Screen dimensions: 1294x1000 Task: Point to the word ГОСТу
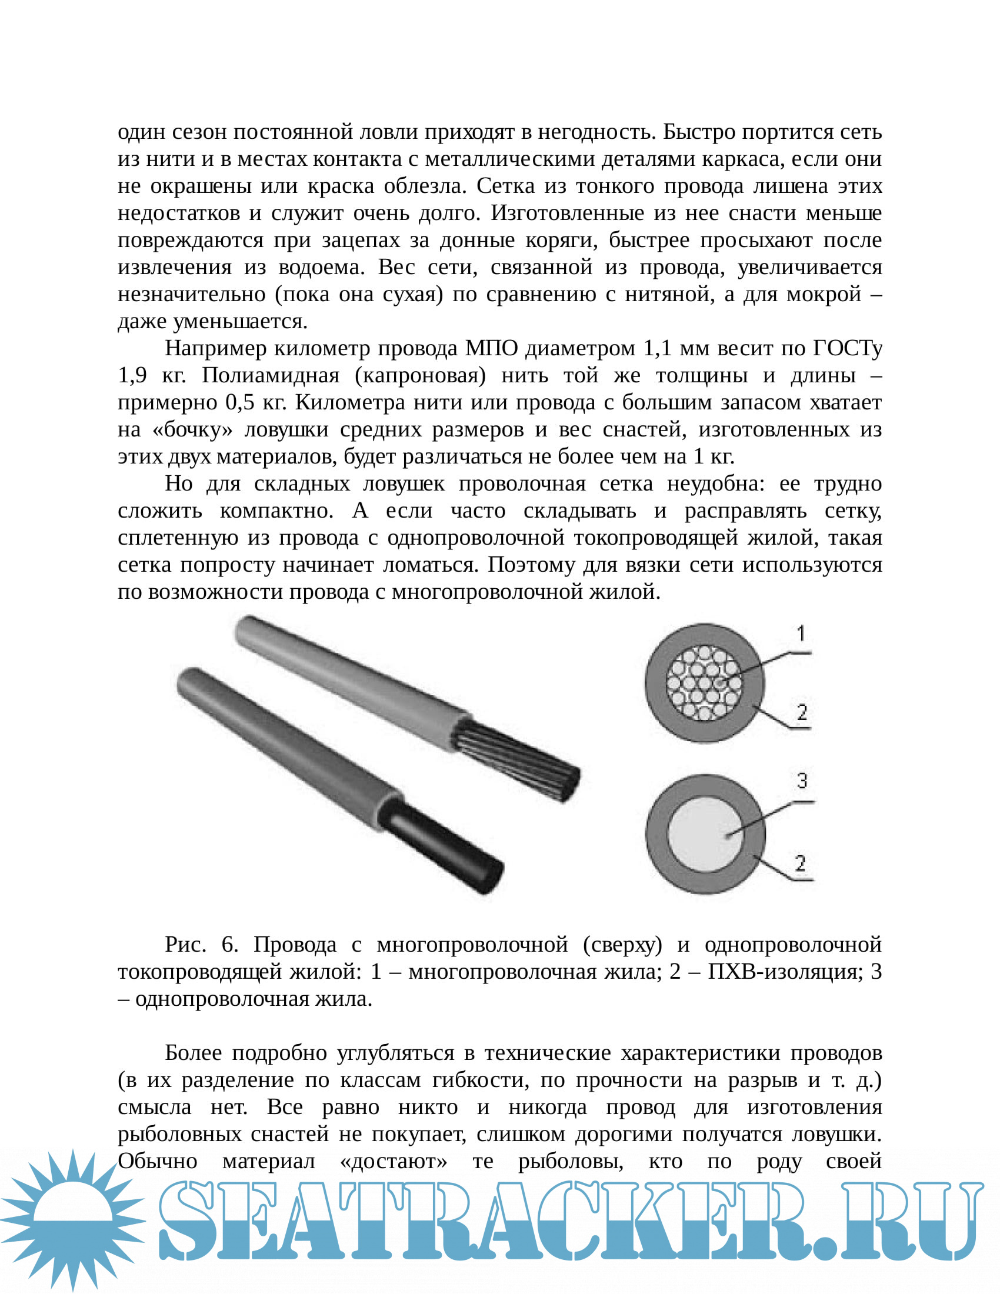click(x=847, y=348)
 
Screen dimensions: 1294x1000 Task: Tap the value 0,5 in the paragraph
click(x=240, y=403)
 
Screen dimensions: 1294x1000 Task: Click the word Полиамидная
click(x=271, y=376)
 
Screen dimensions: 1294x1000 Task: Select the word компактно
click(x=276, y=511)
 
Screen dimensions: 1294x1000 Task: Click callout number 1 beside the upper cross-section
click(x=801, y=633)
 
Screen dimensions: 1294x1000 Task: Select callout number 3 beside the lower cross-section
click(x=802, y=781)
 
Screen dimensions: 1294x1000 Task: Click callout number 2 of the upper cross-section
click(x=802, y=712)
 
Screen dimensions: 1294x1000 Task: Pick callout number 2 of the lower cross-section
click(x=801, y=863)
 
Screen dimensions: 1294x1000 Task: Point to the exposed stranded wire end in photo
click(x=521, y=759)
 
